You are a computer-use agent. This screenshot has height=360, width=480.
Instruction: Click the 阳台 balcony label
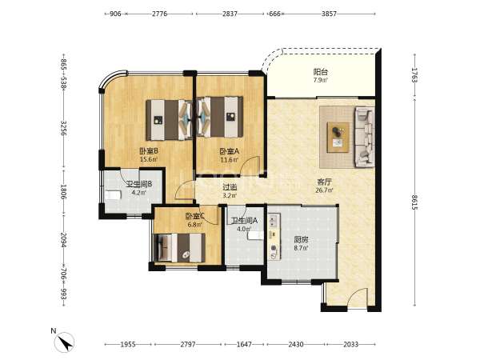coord(320,72)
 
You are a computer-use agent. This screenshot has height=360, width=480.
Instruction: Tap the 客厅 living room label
coord(324,182)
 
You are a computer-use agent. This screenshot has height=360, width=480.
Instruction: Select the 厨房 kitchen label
coord(301,239)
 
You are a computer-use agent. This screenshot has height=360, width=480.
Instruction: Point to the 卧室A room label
coord(229,151)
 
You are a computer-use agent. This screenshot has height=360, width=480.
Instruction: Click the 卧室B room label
coord(149,151)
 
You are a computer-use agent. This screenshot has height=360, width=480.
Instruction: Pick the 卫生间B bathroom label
coord(139,184)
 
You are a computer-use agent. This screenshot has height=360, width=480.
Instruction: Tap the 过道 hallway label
coord(230,186)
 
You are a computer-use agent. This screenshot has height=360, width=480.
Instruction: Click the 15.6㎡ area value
coord(149,159)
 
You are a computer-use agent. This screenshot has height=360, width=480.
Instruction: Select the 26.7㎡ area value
coord(324,190)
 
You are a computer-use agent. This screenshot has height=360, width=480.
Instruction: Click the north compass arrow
coord(65,342)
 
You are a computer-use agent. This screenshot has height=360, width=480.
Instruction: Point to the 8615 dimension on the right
coord(414,202)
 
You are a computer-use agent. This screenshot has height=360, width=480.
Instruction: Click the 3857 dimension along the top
coord(329,14)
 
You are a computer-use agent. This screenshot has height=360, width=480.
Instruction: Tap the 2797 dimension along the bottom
coord(188,344)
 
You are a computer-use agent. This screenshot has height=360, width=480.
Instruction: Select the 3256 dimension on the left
coord(64,129)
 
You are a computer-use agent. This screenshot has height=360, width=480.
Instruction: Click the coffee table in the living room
coord(338,137)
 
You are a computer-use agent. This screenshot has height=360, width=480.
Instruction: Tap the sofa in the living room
coord(365,137)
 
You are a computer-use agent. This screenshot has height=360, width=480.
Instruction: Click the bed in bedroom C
coord(180,248)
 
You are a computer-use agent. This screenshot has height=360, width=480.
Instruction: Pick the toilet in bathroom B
coord(112,195)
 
